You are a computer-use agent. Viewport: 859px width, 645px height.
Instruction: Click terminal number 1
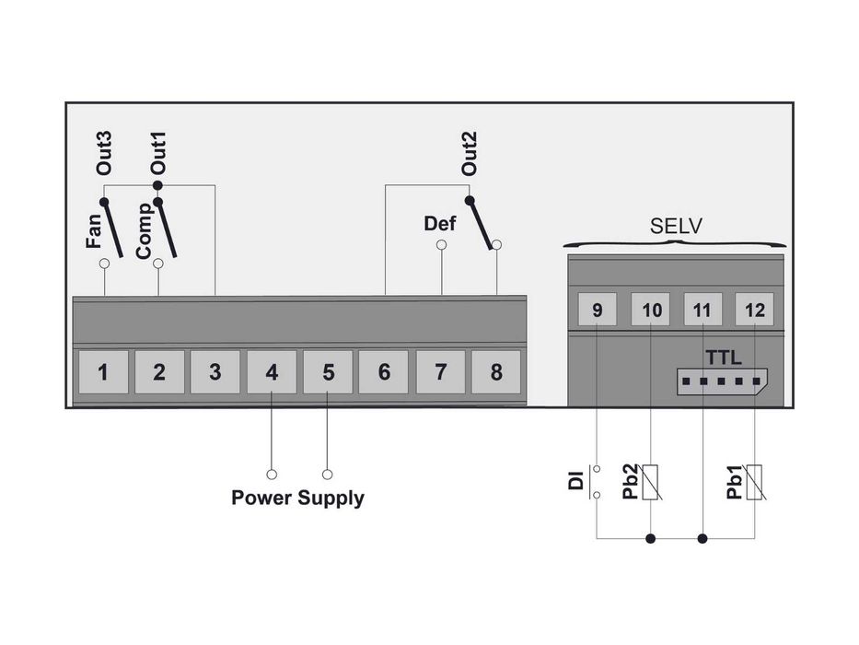[x=103, y=372]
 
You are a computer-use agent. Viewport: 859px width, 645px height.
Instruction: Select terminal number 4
[x=272, y=372]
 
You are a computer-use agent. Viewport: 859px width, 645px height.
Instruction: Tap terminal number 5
[x=328, y=372]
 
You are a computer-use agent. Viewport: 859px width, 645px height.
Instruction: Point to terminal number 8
[x=496, y=372]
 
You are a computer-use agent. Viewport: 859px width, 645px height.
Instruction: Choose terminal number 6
[x=384, y=372]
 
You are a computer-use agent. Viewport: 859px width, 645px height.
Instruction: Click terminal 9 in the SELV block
[x=598, y=311]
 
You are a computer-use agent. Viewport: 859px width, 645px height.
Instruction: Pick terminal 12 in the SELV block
[x=755, y=311]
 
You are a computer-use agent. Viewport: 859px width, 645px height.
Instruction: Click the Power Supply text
[x=297, y=498]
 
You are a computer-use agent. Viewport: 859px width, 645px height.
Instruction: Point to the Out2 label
[x=470, y=154]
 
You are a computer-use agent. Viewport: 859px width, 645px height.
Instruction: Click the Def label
[x=440, y=223]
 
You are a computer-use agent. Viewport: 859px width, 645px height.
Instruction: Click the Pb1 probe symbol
[x=755, y=481]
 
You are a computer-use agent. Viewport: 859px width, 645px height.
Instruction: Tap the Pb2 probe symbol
[x=652, y=481]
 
